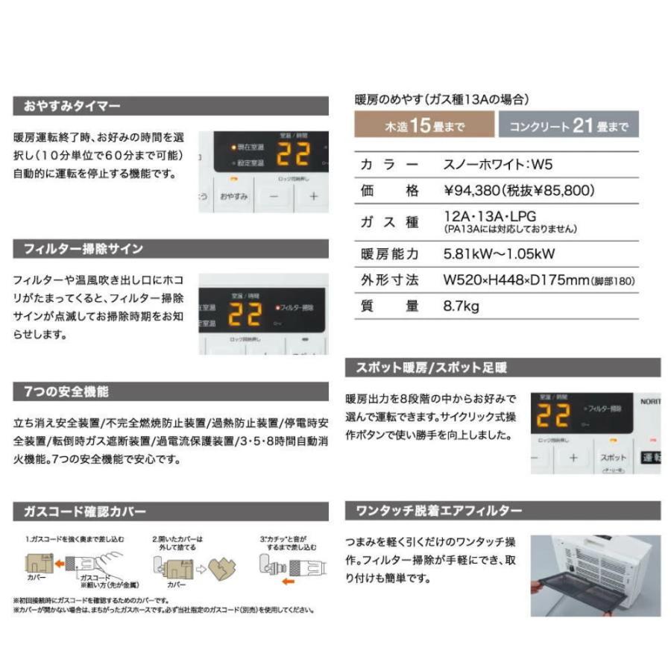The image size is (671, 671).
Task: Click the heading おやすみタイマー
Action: click(x=72, y=107)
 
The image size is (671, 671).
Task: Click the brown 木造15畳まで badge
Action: click(x=423, y=125)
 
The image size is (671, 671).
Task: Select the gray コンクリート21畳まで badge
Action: click(x=569, y=125)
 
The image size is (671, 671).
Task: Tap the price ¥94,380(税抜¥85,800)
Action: click(x=519, y=191)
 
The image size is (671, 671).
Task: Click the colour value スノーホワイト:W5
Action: click(x=497, y=165)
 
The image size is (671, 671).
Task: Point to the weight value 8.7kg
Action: click(x=461, y=306)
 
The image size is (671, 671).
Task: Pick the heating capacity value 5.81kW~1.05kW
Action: click(x=499, y=254)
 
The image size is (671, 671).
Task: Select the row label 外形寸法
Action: click(x=389, y=280)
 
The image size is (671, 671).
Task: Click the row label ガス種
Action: click(x=389, y=221)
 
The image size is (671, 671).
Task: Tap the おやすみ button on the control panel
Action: click(x=233, y=197)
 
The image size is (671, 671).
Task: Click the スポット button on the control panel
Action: click(x=613, y=457)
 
